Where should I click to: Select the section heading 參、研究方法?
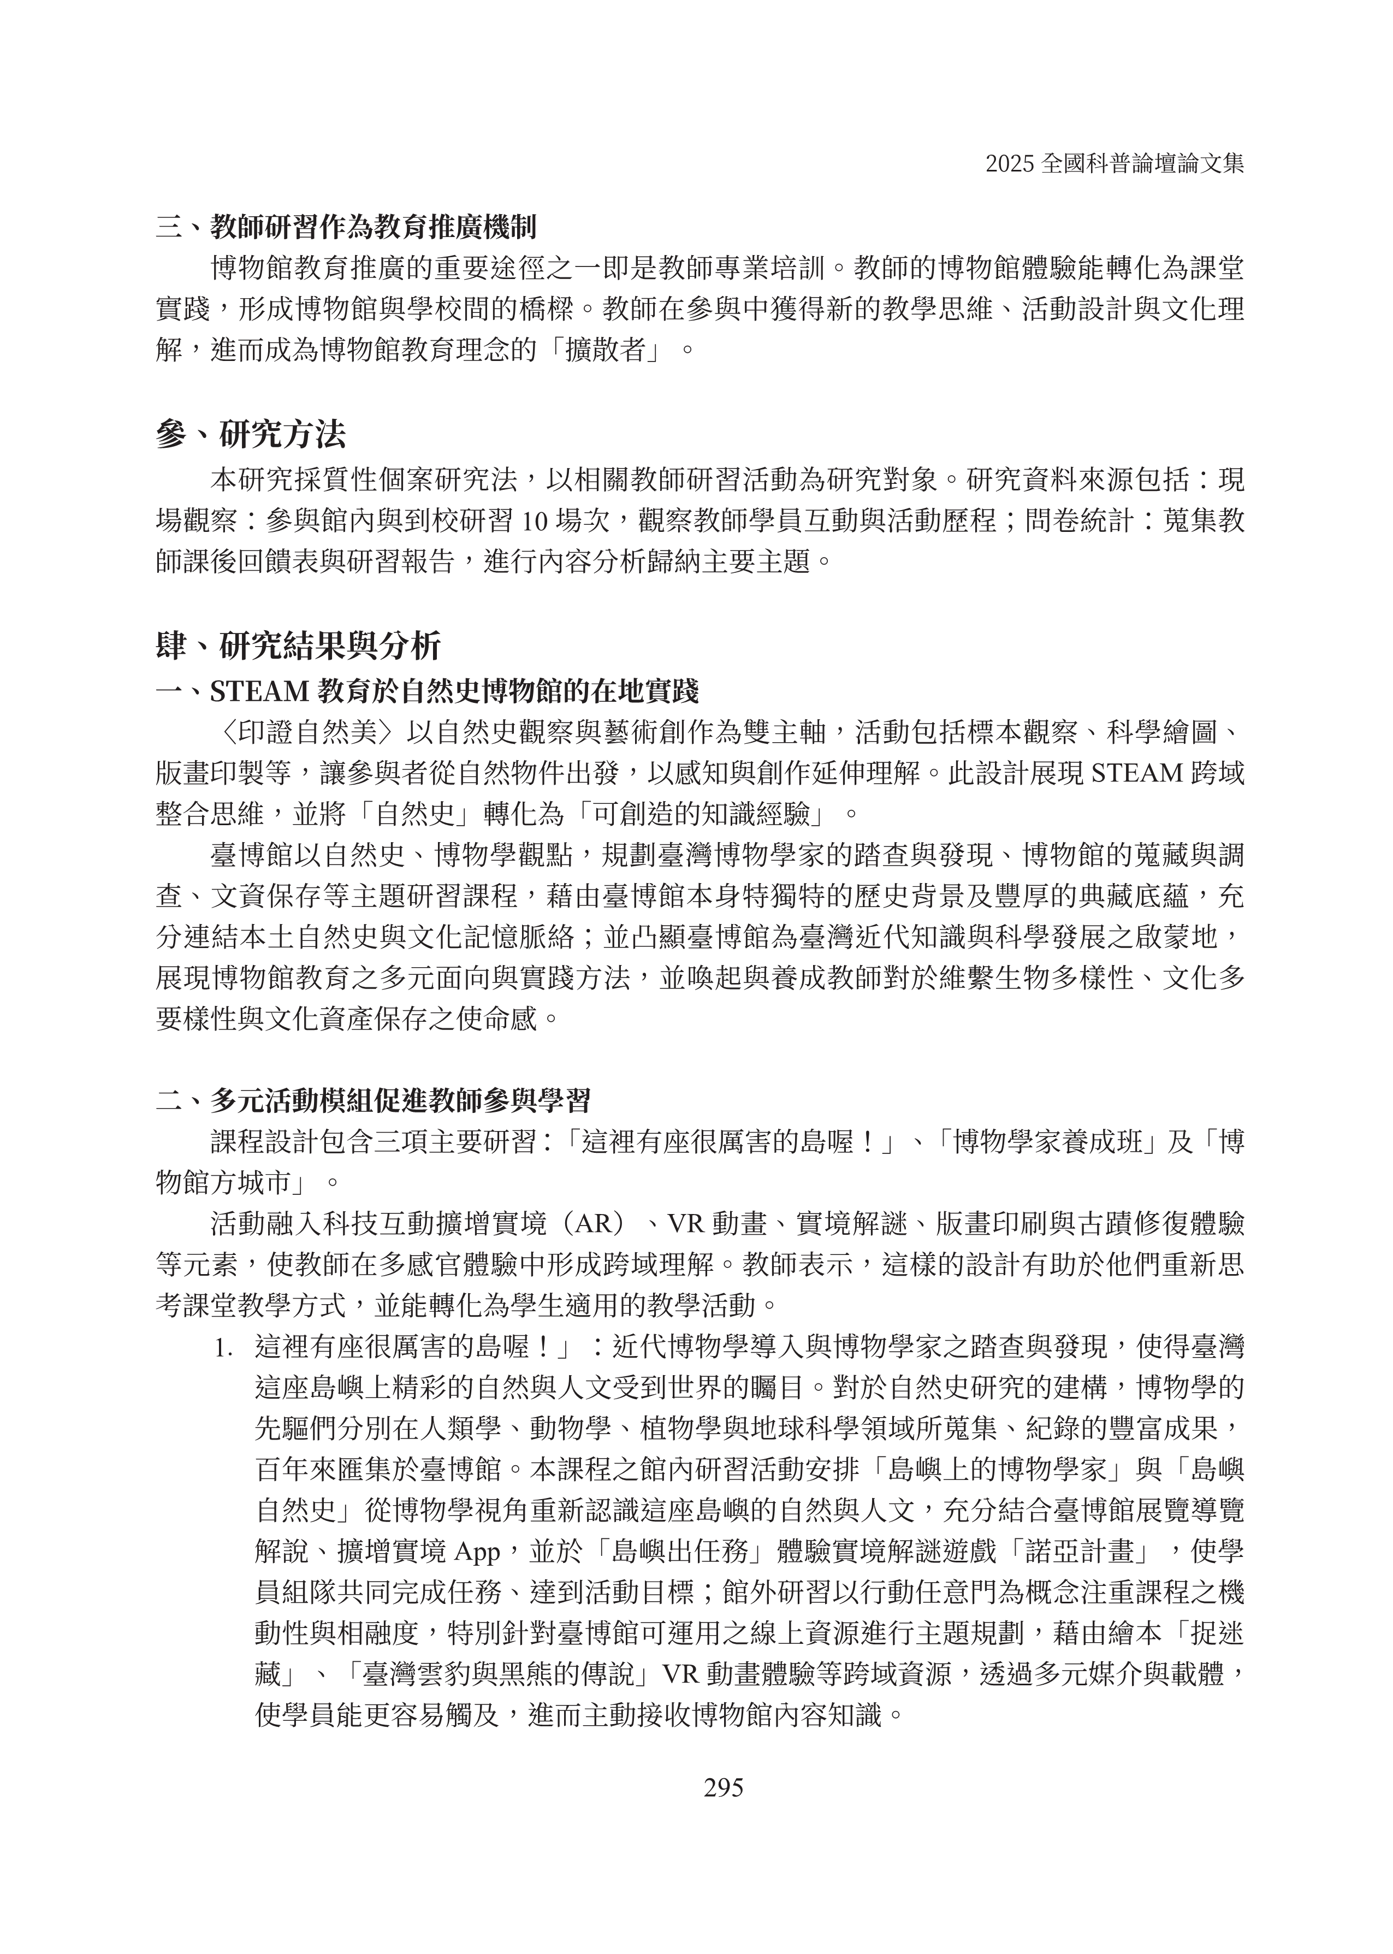pos(251,435)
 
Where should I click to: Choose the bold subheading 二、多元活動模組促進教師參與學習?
pos(373,1100)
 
